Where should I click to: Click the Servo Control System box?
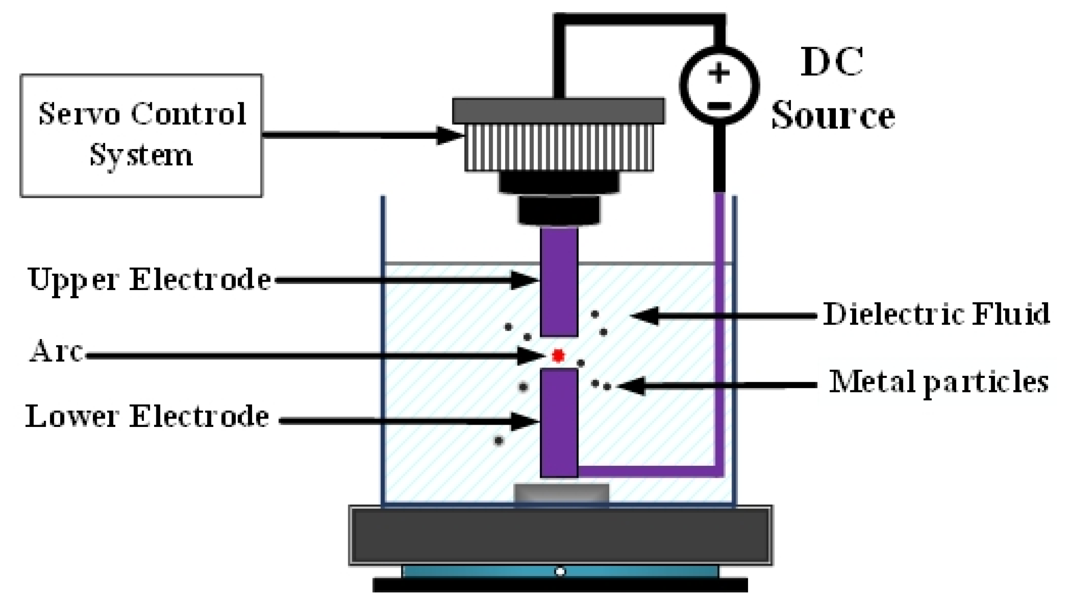tap(141, 135)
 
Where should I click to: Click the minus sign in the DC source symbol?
tap(719, 106)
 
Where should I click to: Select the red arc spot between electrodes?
tap(557, 356)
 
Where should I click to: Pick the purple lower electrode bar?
tap(559, 423)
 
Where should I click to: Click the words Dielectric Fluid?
tap(936, 314)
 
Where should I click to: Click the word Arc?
tap(56, 351)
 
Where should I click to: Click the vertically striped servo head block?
tap(559, 148)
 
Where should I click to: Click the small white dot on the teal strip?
tap(560, 572)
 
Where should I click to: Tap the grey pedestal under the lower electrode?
tap(561, 493)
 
